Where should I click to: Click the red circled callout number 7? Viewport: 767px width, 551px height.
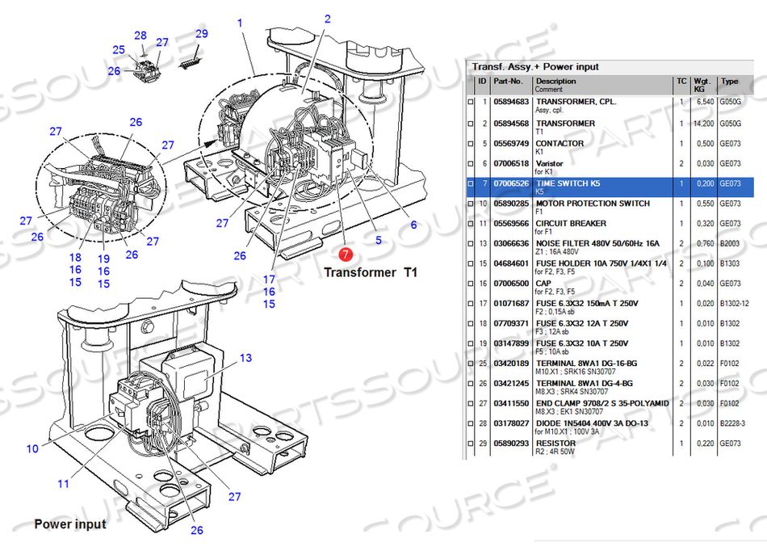point(346,254)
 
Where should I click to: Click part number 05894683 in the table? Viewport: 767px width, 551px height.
point(511,103)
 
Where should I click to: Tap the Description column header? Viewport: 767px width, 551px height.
point(556,81)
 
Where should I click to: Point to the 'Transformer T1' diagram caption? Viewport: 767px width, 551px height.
point(371,271)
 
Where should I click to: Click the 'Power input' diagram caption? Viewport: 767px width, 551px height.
point(69,524)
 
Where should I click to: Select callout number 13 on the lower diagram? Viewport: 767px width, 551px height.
point(245,357)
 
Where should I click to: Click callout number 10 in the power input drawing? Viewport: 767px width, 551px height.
point(32,448)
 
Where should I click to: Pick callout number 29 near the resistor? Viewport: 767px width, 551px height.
point(201,33)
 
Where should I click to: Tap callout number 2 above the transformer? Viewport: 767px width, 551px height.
point(328,19)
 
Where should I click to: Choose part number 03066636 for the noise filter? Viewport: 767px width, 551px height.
point(511,243)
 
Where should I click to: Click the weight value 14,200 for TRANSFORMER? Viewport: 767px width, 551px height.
point(702,124)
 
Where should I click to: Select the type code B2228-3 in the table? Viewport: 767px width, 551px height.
point(732,423)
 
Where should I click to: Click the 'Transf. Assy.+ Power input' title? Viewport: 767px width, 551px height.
point(535,66)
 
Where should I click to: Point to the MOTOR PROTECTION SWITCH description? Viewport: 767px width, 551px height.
point(593,204)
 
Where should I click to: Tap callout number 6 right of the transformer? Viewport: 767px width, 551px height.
point(414,225)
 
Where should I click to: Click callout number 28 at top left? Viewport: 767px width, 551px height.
point(140,36)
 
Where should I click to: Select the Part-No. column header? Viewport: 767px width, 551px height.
point(509,81)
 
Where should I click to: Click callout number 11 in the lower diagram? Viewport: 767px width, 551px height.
point(63,484)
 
